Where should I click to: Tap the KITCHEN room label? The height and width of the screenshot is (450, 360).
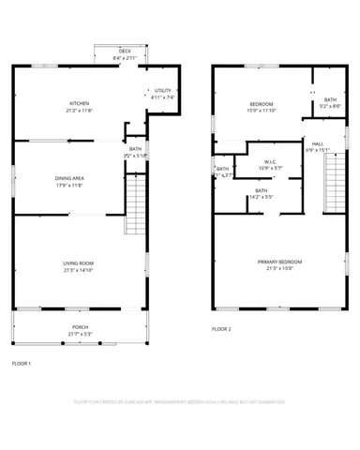(x=80, y=103)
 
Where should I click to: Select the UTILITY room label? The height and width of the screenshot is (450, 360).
(x=158, y=91)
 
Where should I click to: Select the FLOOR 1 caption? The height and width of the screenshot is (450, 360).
(x=21, y=362)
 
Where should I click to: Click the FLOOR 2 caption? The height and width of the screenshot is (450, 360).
(x=221, y=329)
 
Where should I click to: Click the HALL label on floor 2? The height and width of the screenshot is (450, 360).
(x=317, y=143)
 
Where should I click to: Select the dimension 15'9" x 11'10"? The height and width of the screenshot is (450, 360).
(x=261, y=110)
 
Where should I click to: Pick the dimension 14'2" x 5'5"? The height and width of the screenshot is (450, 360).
(x=261, y=197)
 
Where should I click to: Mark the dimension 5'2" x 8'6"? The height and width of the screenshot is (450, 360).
(x=330, y=106)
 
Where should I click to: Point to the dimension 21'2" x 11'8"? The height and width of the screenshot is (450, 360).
(x=80, y=110)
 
